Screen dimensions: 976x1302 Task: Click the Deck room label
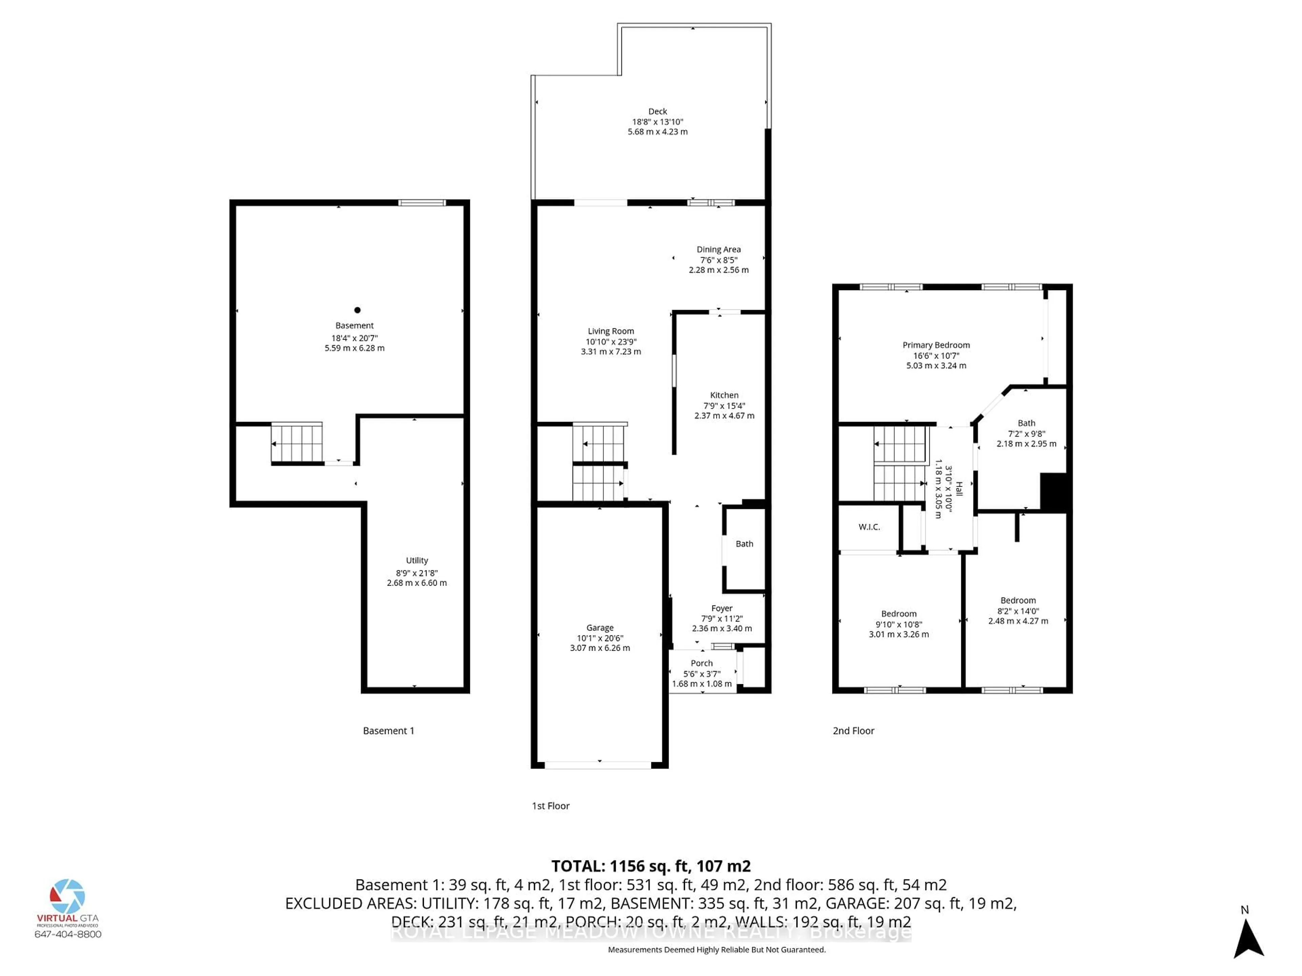[657, 111]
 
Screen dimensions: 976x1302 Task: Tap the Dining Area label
[719, 249]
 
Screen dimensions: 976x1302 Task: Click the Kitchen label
[724, 395]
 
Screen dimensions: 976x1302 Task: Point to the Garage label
[600, 628]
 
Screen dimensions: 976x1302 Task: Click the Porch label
[702, 663]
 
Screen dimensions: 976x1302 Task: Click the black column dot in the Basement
[357, 310]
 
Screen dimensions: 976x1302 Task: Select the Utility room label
[417, 561]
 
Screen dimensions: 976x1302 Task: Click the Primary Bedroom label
[936, 345]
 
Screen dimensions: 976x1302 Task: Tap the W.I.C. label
[869, 527]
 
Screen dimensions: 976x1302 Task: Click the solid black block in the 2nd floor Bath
[1053, 491]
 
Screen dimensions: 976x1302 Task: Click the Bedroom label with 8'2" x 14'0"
[1018, 601]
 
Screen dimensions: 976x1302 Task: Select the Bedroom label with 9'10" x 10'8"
[899, 614]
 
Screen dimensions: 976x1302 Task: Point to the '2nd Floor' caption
[853, 731]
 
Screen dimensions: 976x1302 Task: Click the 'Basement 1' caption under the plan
[389, 731]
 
